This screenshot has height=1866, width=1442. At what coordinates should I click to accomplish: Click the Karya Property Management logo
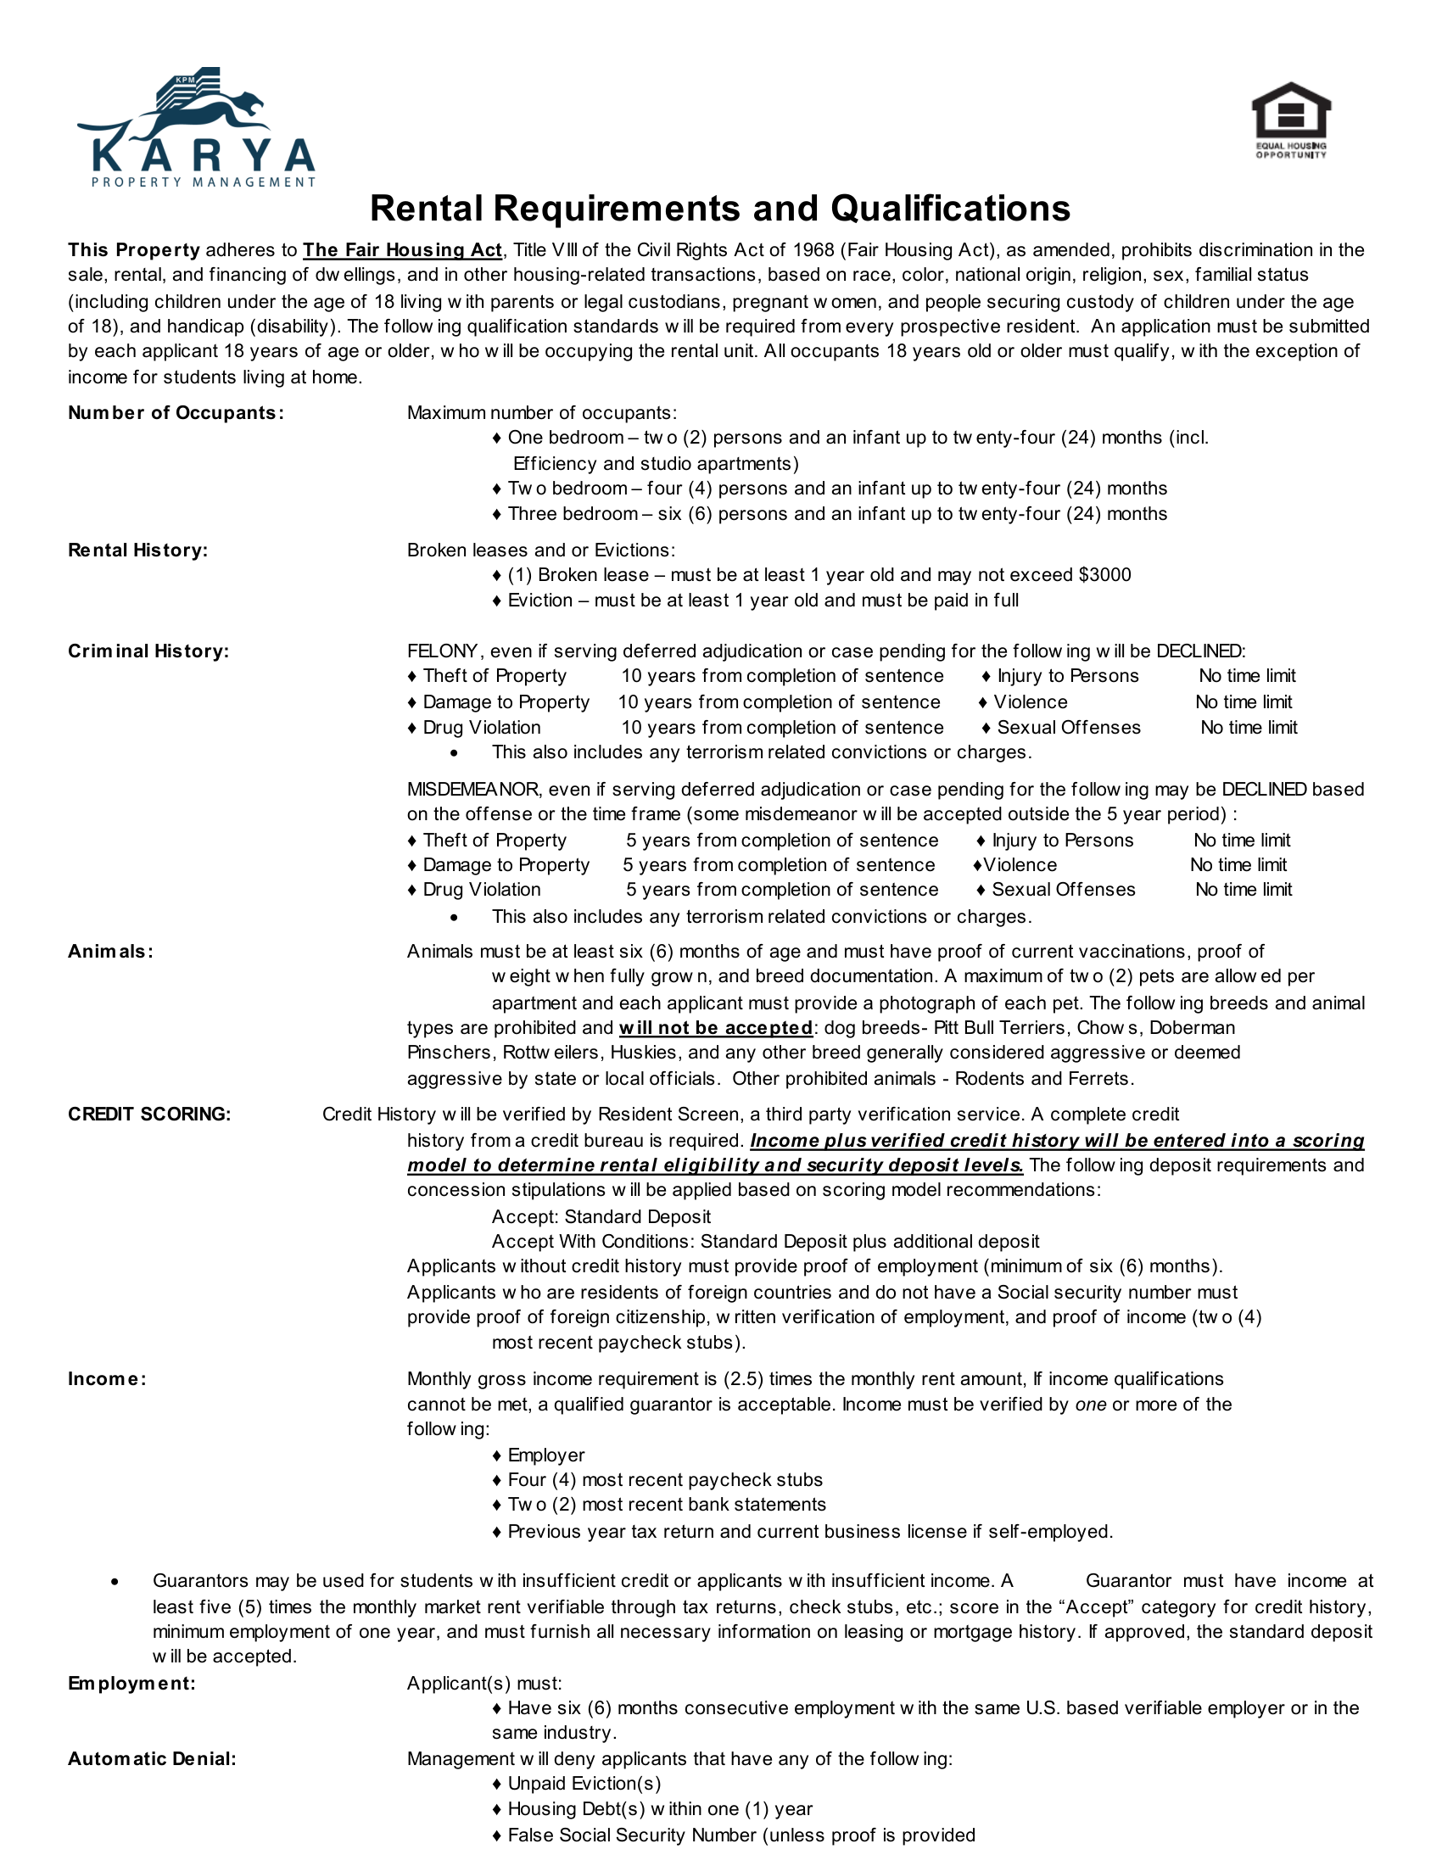pyautogui.click(x=198, y=128)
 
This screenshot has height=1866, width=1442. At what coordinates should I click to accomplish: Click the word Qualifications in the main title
pyautogui.click(x=950, y=209)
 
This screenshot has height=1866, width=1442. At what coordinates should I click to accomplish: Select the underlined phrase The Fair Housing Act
pyautogui.click(x=402, y=250)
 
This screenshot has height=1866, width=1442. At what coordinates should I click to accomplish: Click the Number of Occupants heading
pyautogui.click(x=176, y=413)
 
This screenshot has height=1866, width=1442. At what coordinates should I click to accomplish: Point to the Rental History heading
pyautogui.click(x=137, y=550)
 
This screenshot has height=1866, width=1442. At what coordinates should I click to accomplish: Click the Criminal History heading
pyautogui.click(x=148, y=651)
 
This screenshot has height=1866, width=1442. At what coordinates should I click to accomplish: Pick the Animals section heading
pyautogui.click(x=111, y=952)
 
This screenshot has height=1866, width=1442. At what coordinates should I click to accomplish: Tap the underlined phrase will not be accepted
pyautogui.click(x=715, y=1028)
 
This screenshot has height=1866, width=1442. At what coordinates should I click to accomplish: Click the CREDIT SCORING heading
pyautogui.click(x=149, y=1115)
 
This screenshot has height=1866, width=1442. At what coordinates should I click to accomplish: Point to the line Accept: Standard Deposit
pyautogui.click(x=601, y=1216)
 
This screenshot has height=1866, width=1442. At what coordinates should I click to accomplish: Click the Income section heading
pyautogui.click(x=108, y=1379)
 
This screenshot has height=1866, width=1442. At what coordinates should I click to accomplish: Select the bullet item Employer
pyautogui.click(x=545, y=1455)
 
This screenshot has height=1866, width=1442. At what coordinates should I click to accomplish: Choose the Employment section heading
pyautogui.click(x=131, y=1683)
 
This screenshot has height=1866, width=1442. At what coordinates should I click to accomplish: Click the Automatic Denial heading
pyautogui.click(x=152, y=1759)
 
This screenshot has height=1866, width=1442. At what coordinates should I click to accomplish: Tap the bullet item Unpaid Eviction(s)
pyautogui.click(x=584, y=1784)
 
